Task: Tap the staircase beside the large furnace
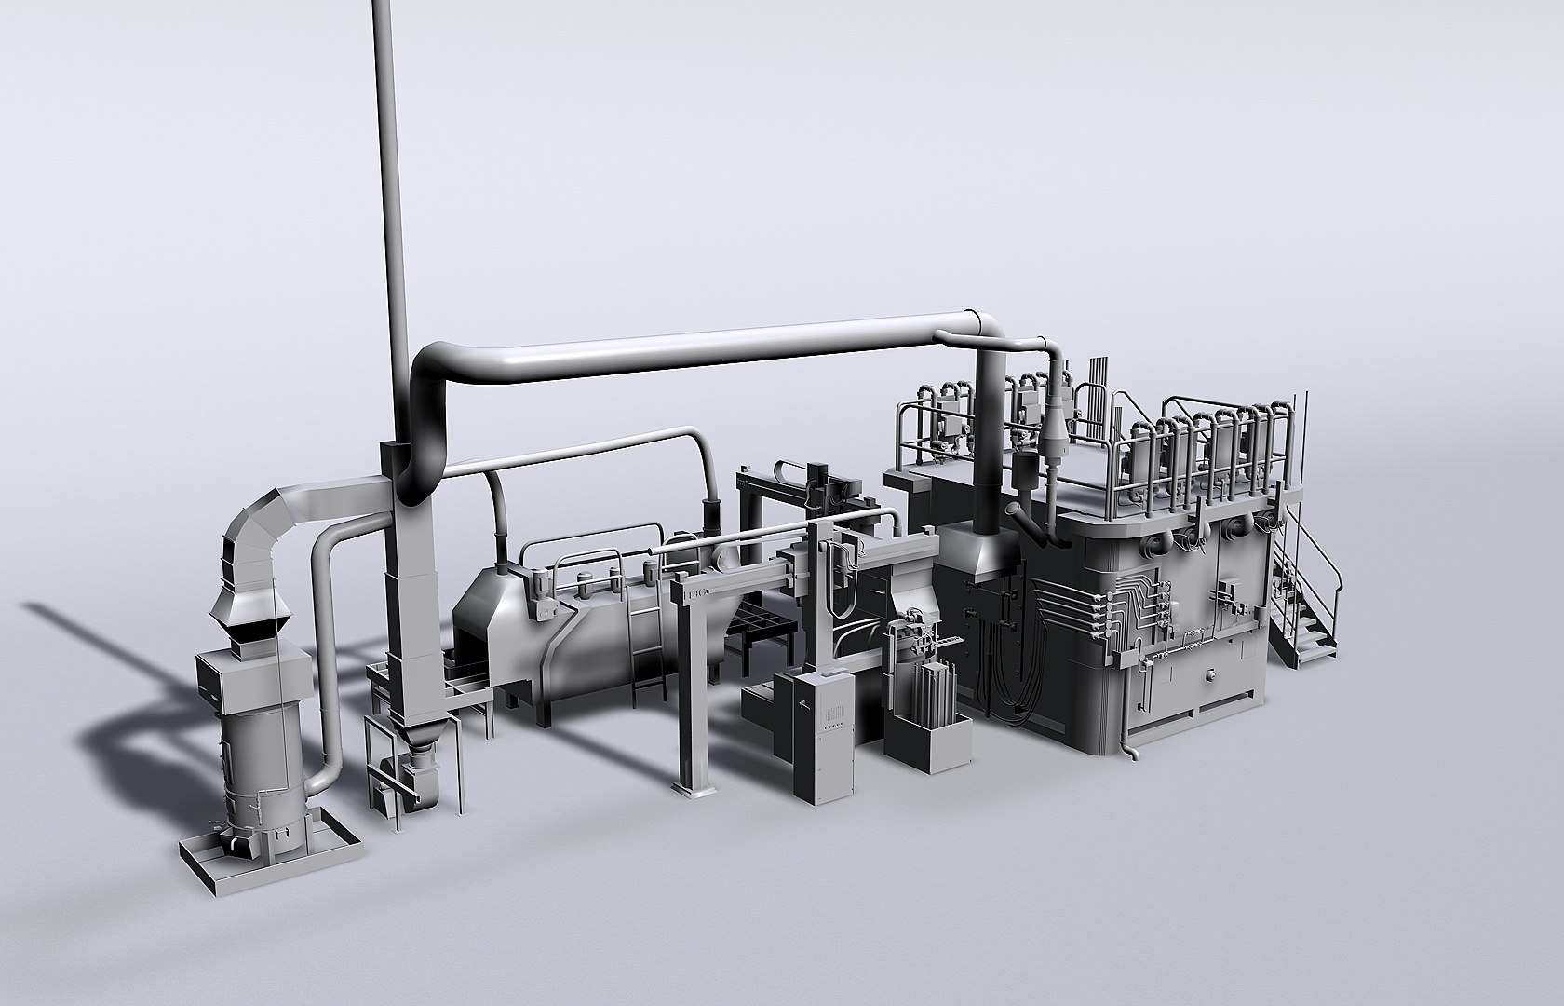click(x=1308, y=605)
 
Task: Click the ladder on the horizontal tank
click(x=646, y=652)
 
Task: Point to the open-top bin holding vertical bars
click(x=927, y=736)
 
